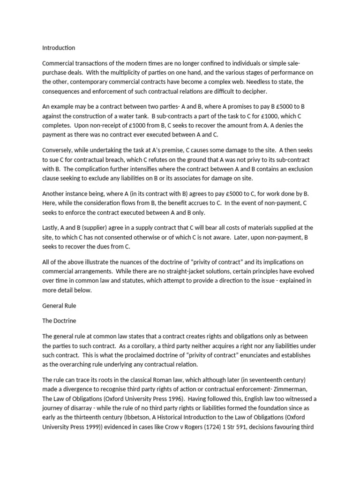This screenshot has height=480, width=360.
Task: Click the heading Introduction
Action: [59, 48]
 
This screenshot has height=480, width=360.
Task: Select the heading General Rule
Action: [59, 306]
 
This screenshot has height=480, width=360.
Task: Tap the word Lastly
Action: [51, 227]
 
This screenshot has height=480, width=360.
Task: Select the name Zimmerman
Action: [293, 389]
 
